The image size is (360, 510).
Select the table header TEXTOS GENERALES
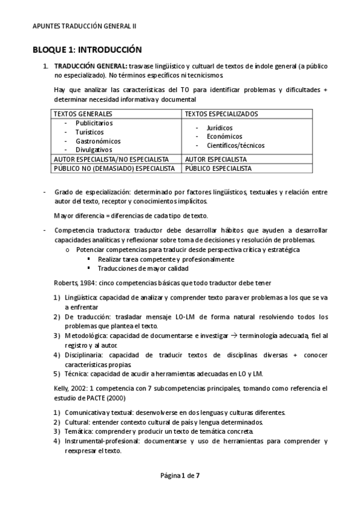click(83, 114)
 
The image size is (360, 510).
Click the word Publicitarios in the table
click(94, 123)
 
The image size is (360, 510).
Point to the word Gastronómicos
click(98, 141)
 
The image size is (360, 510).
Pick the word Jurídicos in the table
click(220, 127)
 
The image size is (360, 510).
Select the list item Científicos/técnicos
click(235, 145)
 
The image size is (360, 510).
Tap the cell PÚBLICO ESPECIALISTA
click(218, 168)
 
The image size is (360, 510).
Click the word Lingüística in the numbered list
click(81, 297)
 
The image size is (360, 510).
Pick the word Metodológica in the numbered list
click(85, 334)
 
